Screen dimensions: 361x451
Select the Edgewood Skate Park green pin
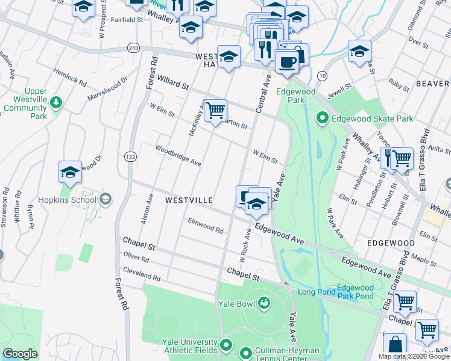pos(323,119)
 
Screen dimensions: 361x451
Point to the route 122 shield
pos(130,156)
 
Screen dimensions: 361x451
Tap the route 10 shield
pos(323,75)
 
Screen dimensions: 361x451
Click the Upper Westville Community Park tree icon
pos(56,102)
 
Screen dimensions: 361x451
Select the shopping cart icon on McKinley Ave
pos(215,111)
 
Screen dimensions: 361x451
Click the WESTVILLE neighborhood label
pos(189,199)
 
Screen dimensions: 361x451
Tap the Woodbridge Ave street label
pos(178,155)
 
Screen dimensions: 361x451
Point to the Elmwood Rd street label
pos(206,226)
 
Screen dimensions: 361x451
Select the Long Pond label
pos(315,292)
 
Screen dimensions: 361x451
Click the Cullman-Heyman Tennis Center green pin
pos(245,353)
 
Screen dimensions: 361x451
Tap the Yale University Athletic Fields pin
pos(226,345)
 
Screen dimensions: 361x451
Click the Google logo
pos(20,354)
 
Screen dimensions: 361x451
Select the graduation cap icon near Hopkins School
pos(70,172)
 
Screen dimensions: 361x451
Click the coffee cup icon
pos(286,61)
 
